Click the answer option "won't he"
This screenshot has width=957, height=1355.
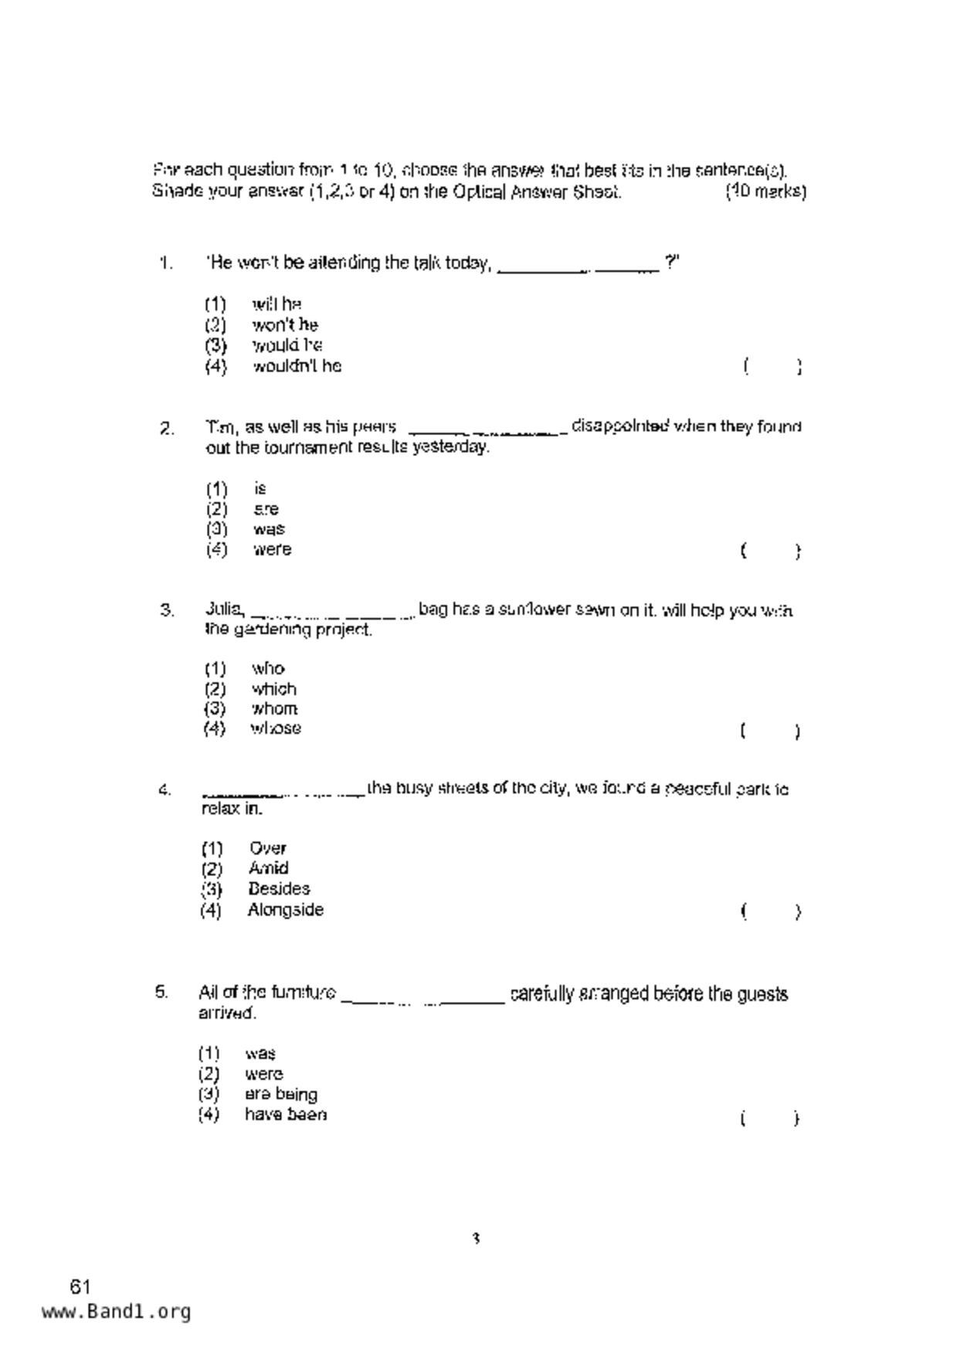coord(284,325)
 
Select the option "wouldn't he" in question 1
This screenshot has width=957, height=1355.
coord(297,366)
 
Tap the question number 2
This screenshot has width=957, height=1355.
coord(167,428)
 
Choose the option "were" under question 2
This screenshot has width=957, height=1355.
coord(272,550)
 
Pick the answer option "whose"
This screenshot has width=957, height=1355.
coord(276,728)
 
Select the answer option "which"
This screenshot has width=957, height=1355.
coord(273,689)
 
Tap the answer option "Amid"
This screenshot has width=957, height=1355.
coord(268,868)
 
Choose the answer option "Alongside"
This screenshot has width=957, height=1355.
coord(285,910)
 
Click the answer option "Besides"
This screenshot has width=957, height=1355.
coord(279,889)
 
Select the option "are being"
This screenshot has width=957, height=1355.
coord(280,1095)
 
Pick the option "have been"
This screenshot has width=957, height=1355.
coord(285,1115)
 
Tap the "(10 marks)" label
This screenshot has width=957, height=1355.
coord(765,192)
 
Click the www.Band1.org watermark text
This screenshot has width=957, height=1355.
coord(116,1312)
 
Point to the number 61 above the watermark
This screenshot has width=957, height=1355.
coord(80,1287)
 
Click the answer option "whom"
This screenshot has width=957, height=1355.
coord(274,709)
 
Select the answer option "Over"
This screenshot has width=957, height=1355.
coord(267,848)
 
